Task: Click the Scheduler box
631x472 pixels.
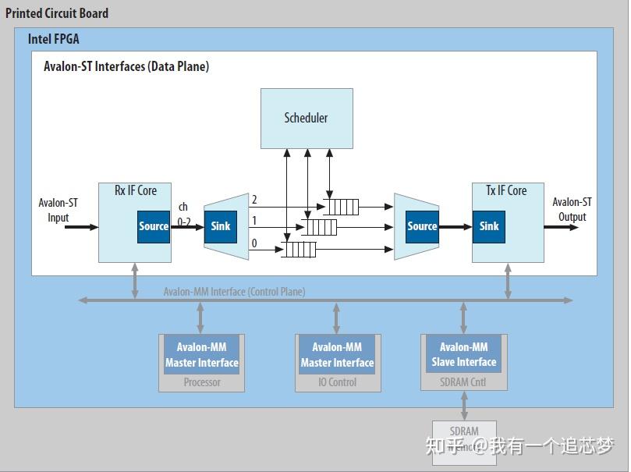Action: (x=307, y=118)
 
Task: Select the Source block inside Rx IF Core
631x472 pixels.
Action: (x=154, y=226)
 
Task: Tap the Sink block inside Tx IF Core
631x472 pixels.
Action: (x=489, y=226)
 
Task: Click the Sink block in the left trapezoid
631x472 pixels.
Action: (x=221, y=226)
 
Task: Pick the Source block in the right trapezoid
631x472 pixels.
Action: (x=422, y=226)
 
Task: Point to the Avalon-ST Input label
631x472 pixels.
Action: (x=58, y=210)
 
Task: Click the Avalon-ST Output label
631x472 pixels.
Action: (x=572, y=210)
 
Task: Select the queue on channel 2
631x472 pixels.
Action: (x=342, y=207)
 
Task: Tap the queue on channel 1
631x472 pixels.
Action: (x=320, y=227)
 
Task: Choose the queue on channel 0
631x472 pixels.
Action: (x=299, y=250)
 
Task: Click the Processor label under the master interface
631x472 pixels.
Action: (x=202, y=382)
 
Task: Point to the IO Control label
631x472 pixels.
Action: (x=337, y=382)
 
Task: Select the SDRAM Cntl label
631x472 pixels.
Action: (x=464, y=382)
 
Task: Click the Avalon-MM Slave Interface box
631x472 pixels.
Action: (x=464, y=355)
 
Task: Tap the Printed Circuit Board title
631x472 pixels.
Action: (x=57, y=13)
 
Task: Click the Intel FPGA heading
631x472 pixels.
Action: (x=54, y=39)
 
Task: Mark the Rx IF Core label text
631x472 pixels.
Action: (x=136, y=190)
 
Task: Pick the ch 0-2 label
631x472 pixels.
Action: (x=183, y=215)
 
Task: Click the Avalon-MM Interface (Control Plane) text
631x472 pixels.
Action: (x=234, y=292)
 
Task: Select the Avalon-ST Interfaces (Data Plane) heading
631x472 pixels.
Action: (x=126, y=66)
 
